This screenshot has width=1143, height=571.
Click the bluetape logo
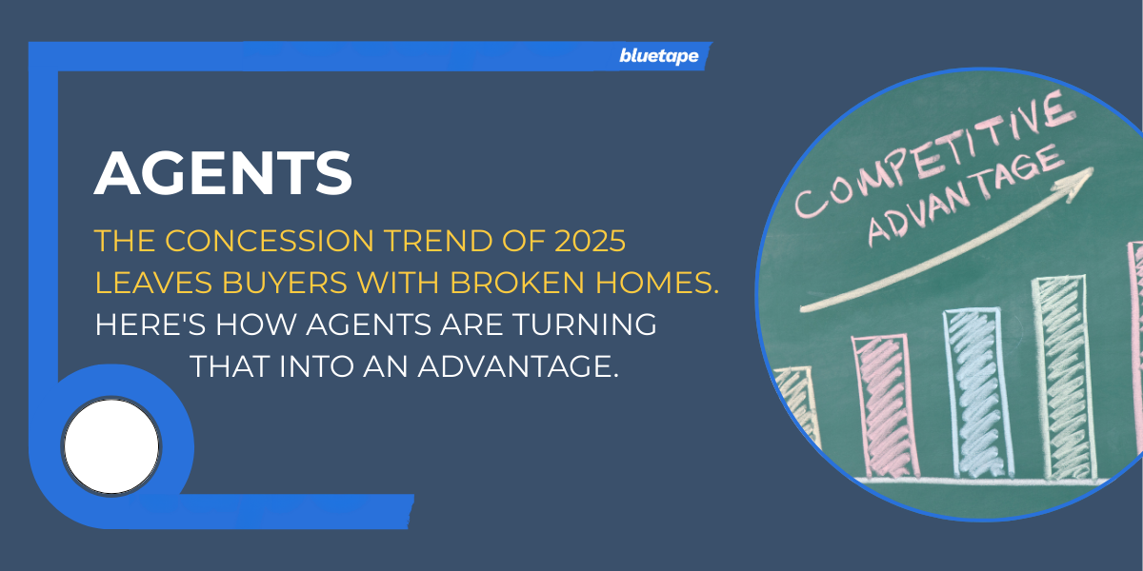(659, 56)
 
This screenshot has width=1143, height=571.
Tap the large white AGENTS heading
(223, 173)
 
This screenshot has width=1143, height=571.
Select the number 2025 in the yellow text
(590, 241)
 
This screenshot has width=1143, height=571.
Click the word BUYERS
(285, 283)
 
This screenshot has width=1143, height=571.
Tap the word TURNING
(585, 325)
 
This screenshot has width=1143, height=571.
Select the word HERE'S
(150, 325)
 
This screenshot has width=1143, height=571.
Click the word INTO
(316, 366)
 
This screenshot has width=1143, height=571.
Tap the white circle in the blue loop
(111, 446)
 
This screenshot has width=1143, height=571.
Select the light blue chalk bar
(978, 392)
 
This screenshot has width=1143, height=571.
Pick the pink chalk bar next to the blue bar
(884, 406)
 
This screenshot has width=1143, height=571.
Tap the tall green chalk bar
(1065, 378)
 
